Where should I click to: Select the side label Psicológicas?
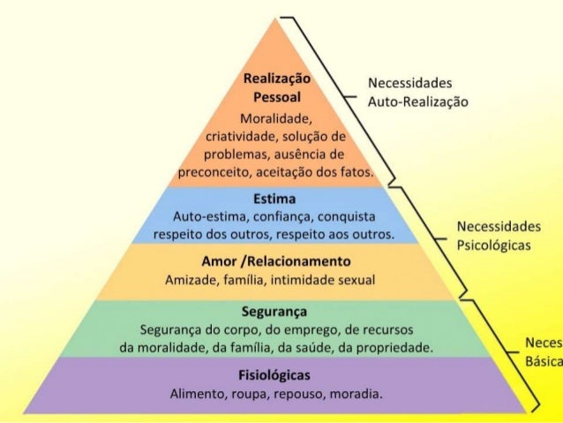click(x=494, y=245)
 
